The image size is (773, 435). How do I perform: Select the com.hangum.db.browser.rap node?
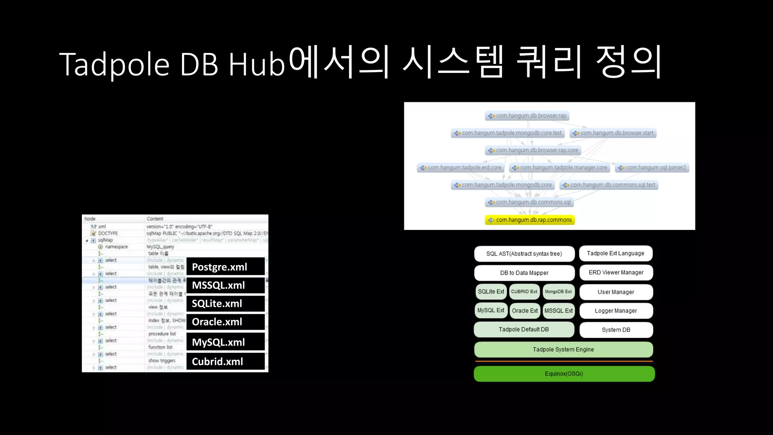pos(527,116)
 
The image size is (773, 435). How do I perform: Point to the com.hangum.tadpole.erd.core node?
pos(460,167)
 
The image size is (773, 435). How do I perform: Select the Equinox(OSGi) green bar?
pos(564,374)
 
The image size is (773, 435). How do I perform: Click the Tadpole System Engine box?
pos(563,350)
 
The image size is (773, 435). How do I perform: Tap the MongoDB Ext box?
pos(558,292)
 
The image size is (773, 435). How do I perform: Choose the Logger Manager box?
pos(616,311)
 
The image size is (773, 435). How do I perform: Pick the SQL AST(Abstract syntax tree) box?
pos(524,254)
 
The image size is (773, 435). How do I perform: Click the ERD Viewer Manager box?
pos(616,273)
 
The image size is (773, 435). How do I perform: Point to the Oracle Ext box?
pos(525,311)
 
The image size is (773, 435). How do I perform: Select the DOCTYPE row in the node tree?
pos(108,233)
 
